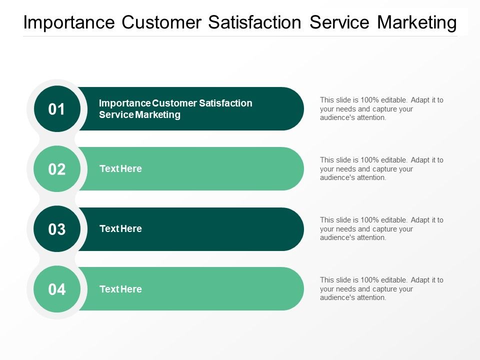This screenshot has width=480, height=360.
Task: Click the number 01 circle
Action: point(57,109)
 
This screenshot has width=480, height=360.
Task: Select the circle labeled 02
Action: point(57,169)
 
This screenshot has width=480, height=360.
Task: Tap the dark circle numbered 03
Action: point(57,229)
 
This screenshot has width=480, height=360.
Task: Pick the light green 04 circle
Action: point(57,289)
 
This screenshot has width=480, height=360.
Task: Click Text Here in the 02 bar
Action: point(120,169)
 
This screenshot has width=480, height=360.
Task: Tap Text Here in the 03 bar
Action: point(120,229)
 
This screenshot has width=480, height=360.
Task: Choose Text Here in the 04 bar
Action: point(120,289)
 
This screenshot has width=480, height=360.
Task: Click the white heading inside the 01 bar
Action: point(175,109)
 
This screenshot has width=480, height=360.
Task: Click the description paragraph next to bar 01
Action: point(381,109)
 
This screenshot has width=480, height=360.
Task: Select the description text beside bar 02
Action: point(381,169)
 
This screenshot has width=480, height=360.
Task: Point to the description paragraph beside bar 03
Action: point(381,229)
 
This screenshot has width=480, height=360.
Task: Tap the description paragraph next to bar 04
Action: point(381,289)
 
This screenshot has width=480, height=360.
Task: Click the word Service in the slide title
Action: point(339,23)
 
